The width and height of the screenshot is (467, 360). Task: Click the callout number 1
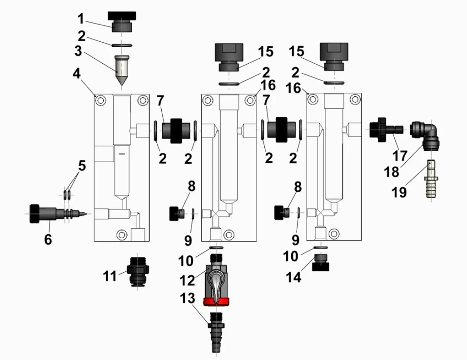point(81,19)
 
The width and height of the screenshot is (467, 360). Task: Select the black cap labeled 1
point(122,21)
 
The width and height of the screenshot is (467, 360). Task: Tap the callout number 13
point(188,299)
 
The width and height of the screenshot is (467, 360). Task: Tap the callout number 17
point(400,156)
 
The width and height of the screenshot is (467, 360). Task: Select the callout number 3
point(78,50)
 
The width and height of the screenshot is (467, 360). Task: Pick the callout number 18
point(392,172)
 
